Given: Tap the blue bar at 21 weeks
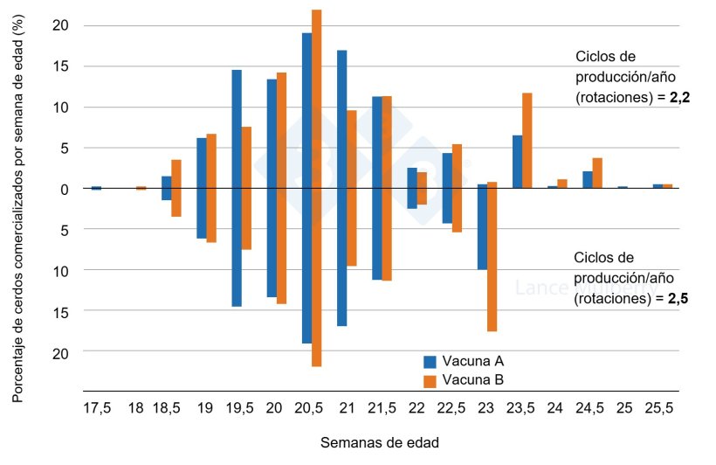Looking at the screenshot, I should point(341,188).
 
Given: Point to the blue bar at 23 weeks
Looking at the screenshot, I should point(482,227).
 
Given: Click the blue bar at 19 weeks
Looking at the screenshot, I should point(202,188).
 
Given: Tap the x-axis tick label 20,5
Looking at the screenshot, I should point(306,408).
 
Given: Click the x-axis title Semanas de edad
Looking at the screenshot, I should point(379,442).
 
